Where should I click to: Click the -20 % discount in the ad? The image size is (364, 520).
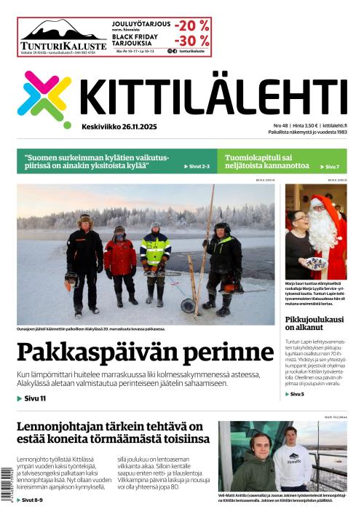tap(192, 25)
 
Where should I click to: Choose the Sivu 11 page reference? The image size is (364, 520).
tap(32, 398)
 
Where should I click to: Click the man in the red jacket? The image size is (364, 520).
tap(120, 262)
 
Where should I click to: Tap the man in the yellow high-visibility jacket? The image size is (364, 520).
tap(156, 259)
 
